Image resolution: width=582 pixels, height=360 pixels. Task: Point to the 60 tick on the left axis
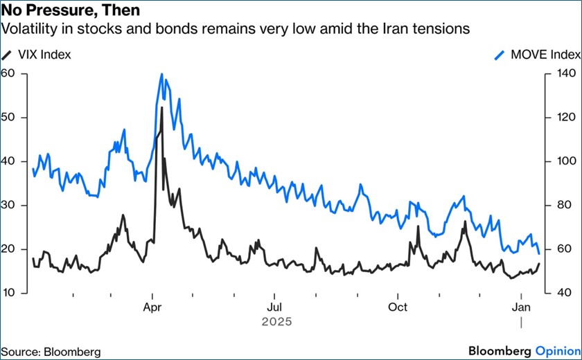coord(9,73)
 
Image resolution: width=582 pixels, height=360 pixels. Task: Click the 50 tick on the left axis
coord(9,118)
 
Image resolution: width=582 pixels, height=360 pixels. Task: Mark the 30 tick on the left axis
coord(9,206)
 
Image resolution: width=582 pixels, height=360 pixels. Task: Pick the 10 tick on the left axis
coord(9,293)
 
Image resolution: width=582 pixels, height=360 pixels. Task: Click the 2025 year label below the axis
coord(276,322)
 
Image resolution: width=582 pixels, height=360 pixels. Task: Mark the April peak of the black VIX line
coord(162,107)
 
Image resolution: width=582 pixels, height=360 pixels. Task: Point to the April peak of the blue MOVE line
coord(161,74)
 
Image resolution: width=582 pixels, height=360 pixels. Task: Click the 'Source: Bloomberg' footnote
coord(51,352)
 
